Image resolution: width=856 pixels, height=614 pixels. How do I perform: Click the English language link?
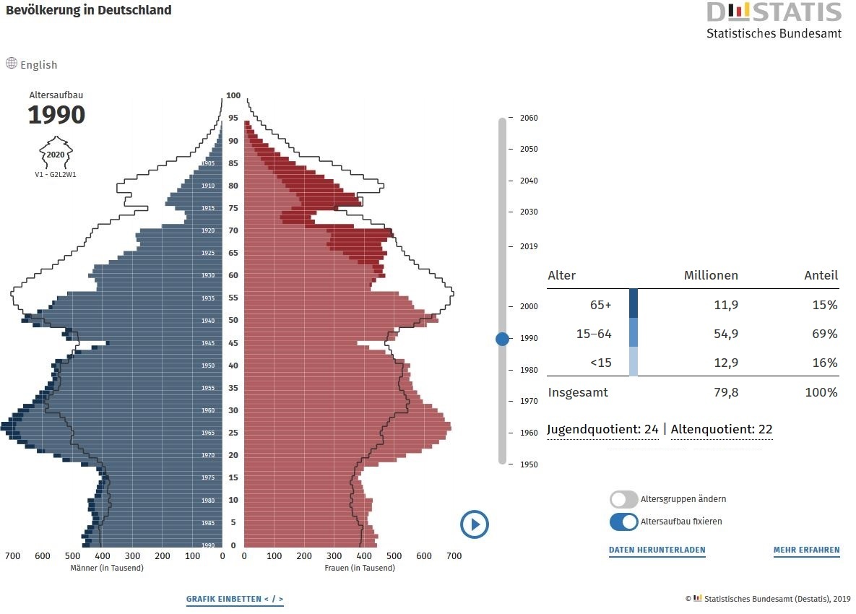[32, 64]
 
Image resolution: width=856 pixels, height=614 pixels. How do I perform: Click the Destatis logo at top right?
[774, 20]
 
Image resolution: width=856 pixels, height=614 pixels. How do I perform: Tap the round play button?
[475, 524]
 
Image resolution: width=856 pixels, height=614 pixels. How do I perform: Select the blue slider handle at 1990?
[503, 338]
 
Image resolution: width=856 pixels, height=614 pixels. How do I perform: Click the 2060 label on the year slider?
[528, 118]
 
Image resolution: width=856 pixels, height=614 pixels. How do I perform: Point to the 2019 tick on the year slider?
[528, 246]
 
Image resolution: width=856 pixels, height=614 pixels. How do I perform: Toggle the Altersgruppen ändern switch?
[624, 499]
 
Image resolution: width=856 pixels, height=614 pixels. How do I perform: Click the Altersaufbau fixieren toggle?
[624, 522]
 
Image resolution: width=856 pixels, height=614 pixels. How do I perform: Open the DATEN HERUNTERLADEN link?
[657, 550]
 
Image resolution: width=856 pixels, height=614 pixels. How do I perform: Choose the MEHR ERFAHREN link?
[806, 550]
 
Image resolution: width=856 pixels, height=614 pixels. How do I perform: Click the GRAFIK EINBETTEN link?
[235, 600]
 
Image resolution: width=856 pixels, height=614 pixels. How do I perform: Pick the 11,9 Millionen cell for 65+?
[725, 305]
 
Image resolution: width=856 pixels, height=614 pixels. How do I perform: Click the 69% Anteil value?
[824, 334]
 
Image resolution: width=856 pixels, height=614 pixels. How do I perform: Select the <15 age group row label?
[600, 363]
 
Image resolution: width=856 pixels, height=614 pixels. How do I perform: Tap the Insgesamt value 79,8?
[725, 392]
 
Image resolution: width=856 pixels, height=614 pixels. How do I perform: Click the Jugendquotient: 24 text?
[602, 429]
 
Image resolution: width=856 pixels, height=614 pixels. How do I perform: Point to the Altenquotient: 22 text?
[722, 429]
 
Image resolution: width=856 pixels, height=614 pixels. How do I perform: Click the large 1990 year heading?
[56, 115]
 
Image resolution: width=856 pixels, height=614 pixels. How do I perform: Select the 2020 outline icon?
[56, 153]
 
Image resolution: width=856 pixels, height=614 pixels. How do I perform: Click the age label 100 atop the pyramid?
[233, 95]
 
